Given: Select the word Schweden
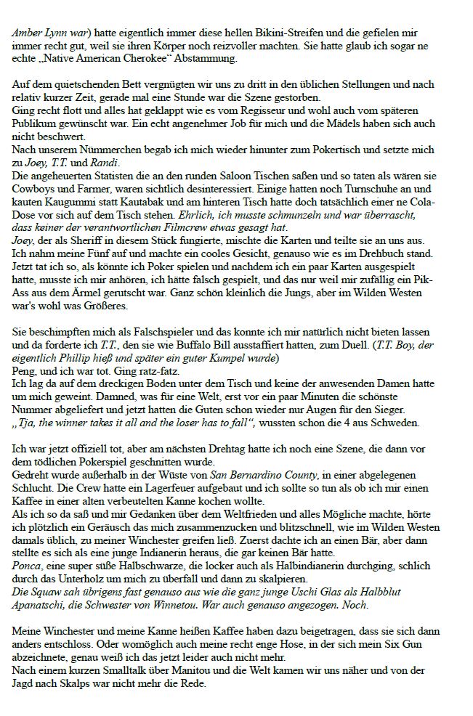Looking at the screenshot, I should pos(395,420).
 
